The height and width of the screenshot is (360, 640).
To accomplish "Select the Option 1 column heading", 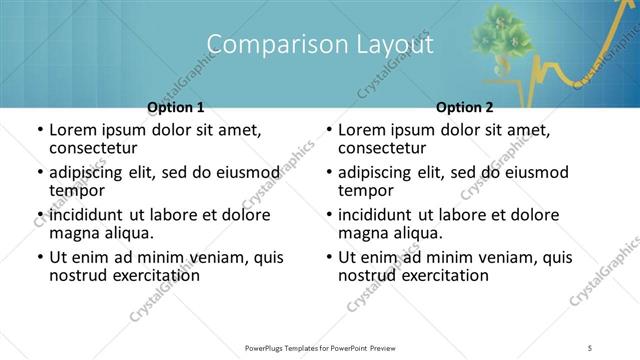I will pos(176,107).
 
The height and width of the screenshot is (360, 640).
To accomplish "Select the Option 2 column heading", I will pos(465,107).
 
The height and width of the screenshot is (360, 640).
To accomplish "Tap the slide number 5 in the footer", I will pos(591,348).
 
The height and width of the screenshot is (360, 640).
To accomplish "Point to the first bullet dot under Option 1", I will pos(40,131).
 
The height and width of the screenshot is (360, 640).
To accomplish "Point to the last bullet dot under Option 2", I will pos(329,258).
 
